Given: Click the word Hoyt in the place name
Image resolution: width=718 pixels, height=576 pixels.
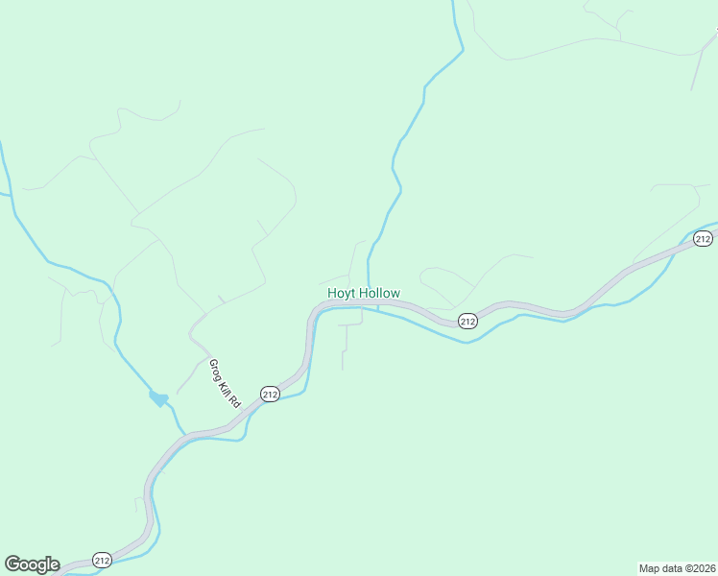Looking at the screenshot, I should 341,293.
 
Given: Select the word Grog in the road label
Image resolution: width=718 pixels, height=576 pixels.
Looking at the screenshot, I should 216,369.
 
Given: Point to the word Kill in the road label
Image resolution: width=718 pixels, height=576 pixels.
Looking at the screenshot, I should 226,387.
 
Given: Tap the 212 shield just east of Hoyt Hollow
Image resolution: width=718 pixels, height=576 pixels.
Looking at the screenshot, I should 467,322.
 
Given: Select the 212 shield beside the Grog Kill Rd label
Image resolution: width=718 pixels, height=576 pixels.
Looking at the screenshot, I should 270,394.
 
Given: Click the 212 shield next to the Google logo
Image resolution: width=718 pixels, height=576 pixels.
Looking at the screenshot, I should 103,559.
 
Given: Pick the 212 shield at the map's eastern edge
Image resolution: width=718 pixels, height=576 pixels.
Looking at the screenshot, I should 703,238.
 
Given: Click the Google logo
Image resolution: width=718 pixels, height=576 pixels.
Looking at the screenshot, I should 32,564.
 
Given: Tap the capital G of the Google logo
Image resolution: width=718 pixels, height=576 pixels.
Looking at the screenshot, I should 12,564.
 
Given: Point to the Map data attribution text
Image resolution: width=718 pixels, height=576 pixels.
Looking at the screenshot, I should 661,567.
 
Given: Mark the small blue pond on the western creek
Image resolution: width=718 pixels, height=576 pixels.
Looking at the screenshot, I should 158,397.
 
